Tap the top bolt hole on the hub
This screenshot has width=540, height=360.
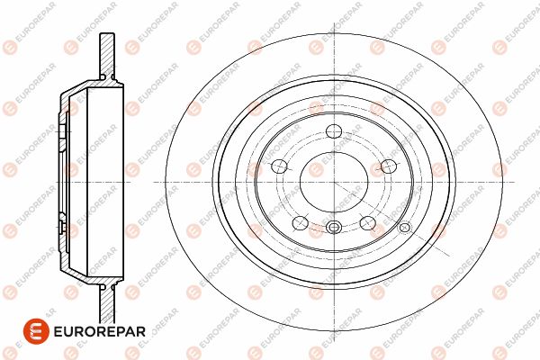334,131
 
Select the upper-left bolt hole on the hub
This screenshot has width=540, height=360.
279,166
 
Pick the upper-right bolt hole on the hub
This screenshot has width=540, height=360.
389,166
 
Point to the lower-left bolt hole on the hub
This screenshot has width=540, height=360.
301,222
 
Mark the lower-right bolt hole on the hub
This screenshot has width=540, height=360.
368,222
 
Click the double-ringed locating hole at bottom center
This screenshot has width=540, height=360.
333,227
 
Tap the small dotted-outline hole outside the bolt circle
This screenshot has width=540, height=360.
405,227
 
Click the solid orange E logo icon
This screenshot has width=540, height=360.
36,331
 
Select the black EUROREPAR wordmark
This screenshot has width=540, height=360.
100,331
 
